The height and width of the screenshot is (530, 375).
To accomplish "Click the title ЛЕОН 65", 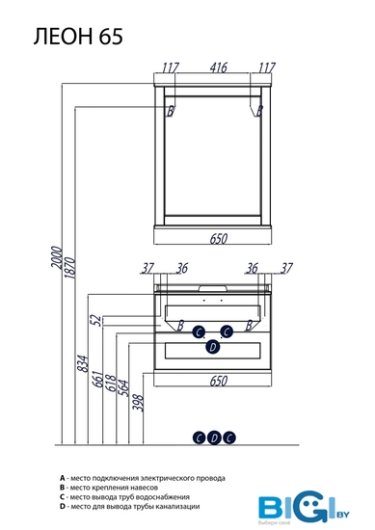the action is [78, 37].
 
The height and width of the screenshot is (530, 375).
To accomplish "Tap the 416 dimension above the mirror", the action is [219, 67].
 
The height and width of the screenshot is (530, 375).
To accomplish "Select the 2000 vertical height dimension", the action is [57, 257].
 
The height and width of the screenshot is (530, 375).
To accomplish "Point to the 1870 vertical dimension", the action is [69, 268].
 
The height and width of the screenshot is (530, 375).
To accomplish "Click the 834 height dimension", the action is [83, 363].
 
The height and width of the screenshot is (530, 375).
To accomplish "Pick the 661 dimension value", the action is [97, 379].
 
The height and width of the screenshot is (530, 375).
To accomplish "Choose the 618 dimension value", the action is [111, 383].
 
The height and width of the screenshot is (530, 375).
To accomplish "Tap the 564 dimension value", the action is [123, 387].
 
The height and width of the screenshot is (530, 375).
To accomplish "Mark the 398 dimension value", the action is [138, 403].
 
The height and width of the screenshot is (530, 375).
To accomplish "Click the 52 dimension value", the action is [96, 320].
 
